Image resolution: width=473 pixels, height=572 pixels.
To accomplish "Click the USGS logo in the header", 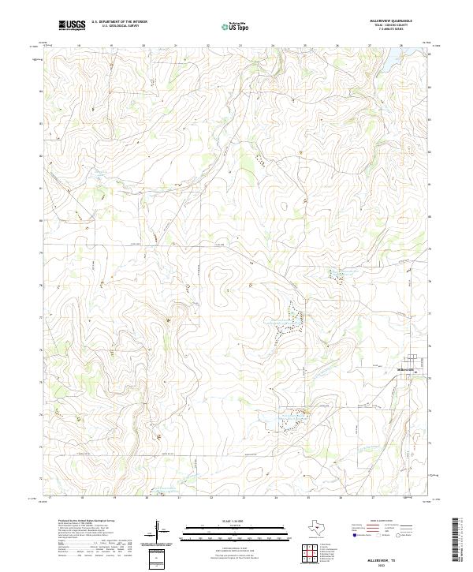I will click(72, 25).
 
